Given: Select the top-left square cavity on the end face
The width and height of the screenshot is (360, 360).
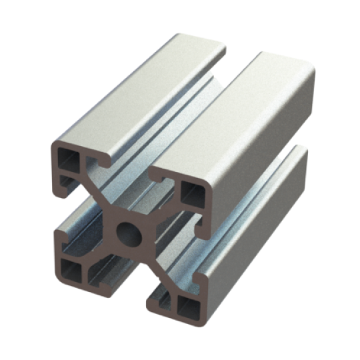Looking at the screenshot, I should (69, 158).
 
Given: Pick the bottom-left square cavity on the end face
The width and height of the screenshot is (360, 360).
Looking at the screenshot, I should (69, 269).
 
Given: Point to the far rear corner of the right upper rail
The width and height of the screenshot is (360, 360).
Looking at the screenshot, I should (307, 67).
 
